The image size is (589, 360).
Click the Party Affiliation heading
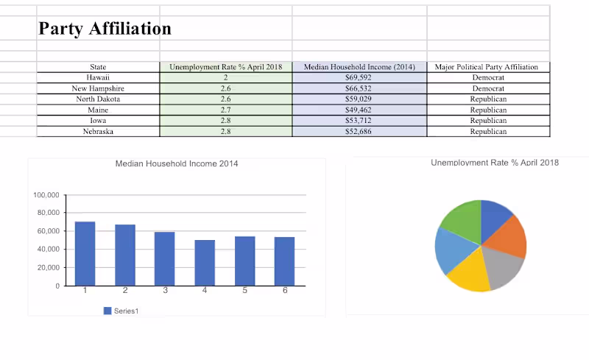pyautogui.click(x=105, y=29)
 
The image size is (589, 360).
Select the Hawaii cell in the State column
pyautogui.click(x=98, y=77)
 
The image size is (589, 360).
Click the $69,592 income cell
pyautogui.click(x=359, y=77)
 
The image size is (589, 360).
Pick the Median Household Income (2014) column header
pyautogui.click(x=359, y=67)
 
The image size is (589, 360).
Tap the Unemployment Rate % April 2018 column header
pyautogui.click(x=225, y=67)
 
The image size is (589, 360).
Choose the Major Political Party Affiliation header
pyautogui.click(x=487, y=67)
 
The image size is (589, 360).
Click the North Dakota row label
pyautogui.click(x=98, y=99)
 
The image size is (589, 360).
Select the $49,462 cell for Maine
pyautogui.click(x=359, y=110)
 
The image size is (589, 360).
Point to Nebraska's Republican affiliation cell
pyautogui.click(x=487, y=132)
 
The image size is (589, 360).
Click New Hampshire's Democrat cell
pyautogui.click(x=487, y=88)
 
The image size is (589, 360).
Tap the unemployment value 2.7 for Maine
pyautogui.click(x=225, y=110)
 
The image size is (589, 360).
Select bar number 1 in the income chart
pyautogui.click(x=85, y=253)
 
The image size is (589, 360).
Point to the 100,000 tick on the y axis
pyautogui.click(x=46, y=195)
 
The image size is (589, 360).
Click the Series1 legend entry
pyautogui.click(x=121, y=311)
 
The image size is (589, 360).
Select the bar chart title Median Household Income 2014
pyautogui.click(x=177, y=163)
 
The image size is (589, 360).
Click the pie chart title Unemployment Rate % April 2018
pyautogui.click(x=495, y=162)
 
